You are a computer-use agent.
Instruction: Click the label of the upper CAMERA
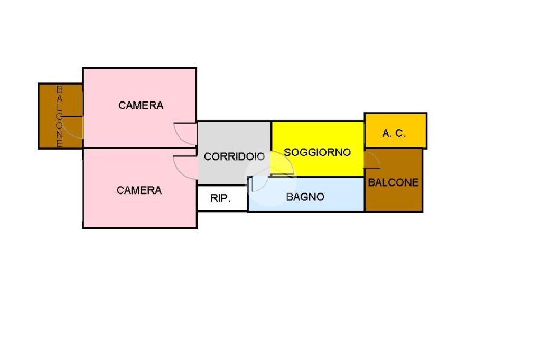click(141, 106)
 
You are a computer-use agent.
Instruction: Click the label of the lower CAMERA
click(139, 190)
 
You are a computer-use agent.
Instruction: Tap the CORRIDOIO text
click(234, 157)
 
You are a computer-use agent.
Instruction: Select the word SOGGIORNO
click(317, 153)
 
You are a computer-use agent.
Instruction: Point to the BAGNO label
click(305, 197)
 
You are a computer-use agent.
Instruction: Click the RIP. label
click(220, 199)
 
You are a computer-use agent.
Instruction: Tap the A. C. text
click(394, 134)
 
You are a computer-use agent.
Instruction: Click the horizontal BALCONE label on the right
click(393, 183)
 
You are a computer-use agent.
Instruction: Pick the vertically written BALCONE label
click(60, 116)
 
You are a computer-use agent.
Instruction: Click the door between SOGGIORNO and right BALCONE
click(372, 160)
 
